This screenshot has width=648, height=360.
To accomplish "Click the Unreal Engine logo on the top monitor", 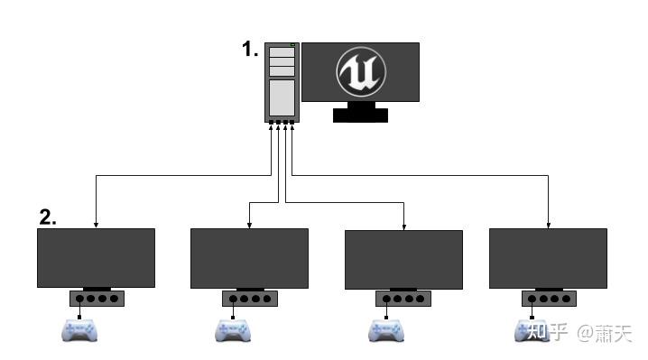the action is click(360, 71).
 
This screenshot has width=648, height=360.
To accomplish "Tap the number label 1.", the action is click(250, 50).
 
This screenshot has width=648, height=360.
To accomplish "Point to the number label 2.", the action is click(48, 217).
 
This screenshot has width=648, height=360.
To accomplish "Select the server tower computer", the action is click(282, 82).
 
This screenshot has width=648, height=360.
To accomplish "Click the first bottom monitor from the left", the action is click(96, 257).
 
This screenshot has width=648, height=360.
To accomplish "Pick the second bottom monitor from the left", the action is click(249, 257).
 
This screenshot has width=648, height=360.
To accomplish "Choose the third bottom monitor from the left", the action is click(403, 259).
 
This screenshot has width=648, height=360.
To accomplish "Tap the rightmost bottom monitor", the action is click(547, 257).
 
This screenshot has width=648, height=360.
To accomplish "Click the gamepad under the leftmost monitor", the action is click(79, 331).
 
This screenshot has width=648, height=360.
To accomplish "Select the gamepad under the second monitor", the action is click(232, 331).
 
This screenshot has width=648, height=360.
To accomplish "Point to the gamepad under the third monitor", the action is click(385, 331).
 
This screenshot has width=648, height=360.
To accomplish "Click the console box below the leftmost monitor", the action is click(97, 299).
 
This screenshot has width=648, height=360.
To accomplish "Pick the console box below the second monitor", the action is click(249, 299).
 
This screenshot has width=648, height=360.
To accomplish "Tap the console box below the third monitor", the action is click(403, 299).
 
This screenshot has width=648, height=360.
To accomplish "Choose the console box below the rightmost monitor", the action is click(548, 299).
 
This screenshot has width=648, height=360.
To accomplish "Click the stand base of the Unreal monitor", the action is click(360, 115).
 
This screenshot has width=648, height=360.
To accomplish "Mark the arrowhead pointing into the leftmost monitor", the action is click(96, 224).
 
